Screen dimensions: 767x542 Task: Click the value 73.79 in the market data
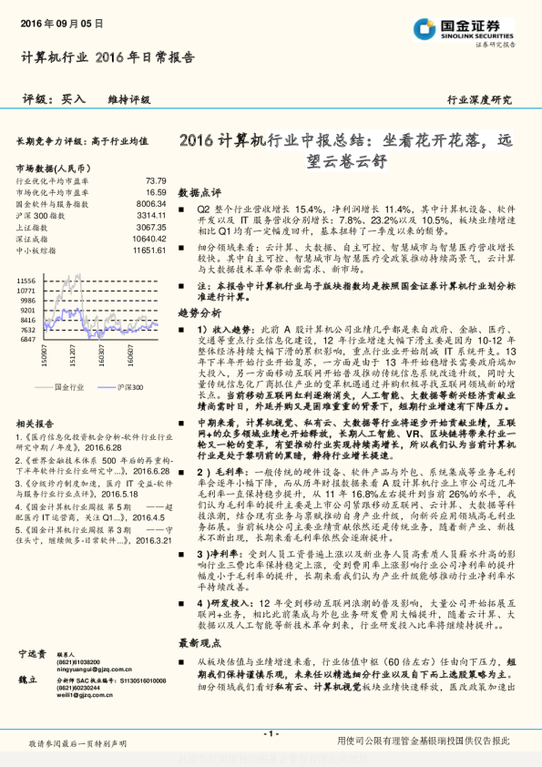[x=156, y=181]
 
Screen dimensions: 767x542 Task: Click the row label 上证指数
[x=34, y=227]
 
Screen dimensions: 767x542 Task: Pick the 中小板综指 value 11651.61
[x=148, y=249]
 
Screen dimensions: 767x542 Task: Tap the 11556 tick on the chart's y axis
[x=26, y=279]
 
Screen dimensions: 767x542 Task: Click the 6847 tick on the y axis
[x=28, y=339]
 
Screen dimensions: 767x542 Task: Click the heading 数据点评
[x=199, y=194]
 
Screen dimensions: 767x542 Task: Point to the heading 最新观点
[x=199, y=668]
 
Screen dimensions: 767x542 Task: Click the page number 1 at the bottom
[x=271, y=733]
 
